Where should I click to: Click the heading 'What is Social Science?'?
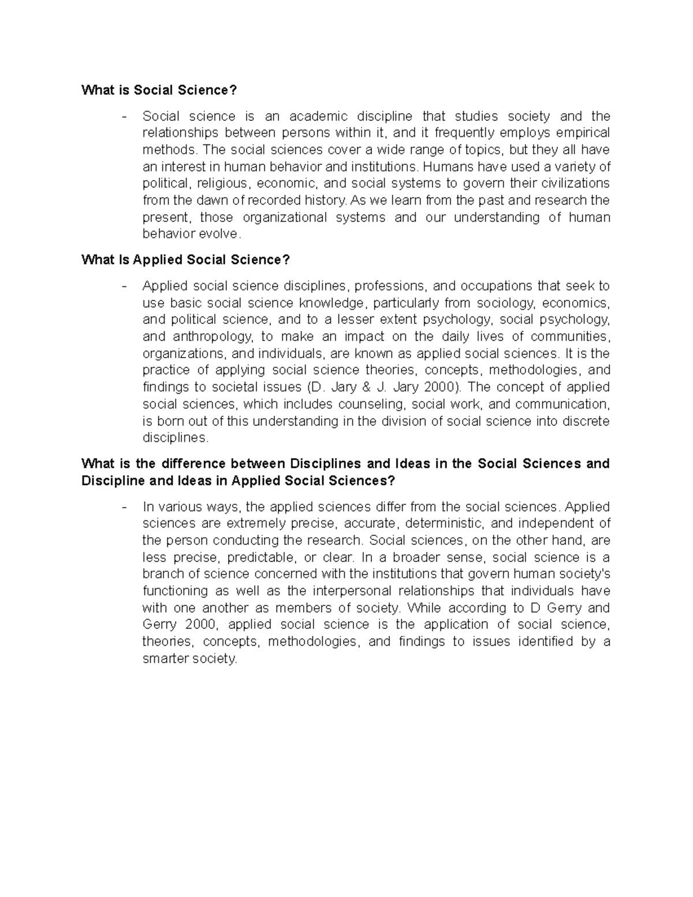coord(159,90)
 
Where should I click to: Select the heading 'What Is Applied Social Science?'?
coord(185,260)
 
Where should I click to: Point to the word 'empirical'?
coord(582,133)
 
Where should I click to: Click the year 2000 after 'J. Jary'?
coord(442,387)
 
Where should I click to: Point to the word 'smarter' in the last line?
coord(165,658)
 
